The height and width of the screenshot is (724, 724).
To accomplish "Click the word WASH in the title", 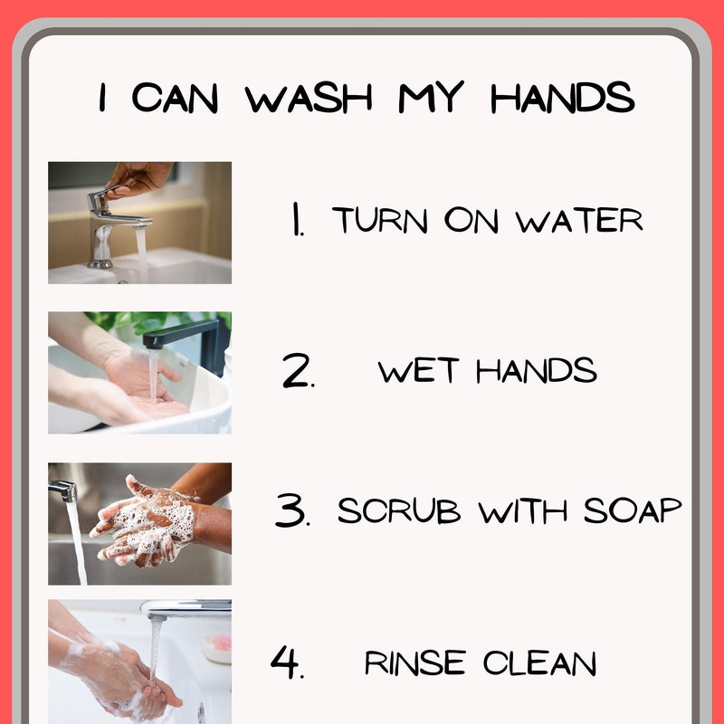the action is pos(309,98).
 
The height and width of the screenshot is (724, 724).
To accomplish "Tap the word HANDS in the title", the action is pos(562,98).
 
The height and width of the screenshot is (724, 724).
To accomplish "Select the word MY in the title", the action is pos(431,97).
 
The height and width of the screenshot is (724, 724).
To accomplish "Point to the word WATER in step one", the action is pos(579,220).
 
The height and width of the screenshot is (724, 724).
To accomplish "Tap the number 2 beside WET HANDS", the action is pos(299,370).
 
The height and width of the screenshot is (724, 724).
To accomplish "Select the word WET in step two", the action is pos(418,370).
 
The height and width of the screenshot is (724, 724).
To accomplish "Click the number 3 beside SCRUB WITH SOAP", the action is pos(292,510).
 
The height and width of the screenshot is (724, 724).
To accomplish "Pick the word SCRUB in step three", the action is pos(399,510).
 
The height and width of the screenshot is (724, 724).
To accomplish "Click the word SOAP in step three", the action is pos(633,510).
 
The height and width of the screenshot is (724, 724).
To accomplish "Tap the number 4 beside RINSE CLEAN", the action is pos(287,662).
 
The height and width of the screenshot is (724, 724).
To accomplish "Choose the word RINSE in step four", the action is pos(414,663).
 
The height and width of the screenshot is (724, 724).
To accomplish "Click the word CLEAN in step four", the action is pos(539,663).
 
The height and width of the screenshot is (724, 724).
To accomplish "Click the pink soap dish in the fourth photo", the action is pos(217,647).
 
